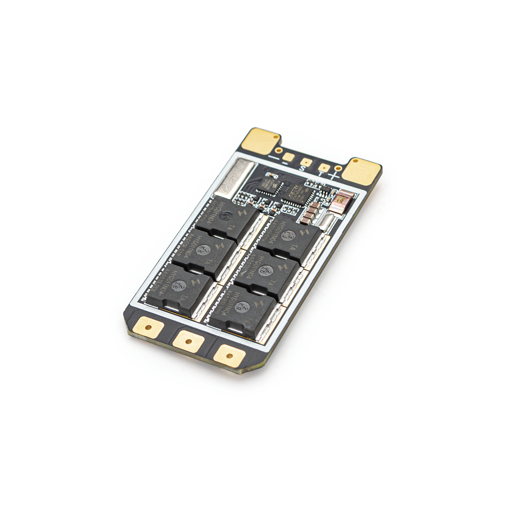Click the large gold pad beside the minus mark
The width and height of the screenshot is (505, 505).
[x=265, y=140]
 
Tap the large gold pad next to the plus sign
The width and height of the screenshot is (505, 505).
[x=361, y=172]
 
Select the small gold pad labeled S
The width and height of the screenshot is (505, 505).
[x=306, y=162]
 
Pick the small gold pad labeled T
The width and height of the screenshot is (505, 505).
[x=324, y=168]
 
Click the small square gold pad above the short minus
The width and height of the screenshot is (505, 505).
[x=288, y=157]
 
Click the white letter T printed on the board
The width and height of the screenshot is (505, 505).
[x=321, y=174]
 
